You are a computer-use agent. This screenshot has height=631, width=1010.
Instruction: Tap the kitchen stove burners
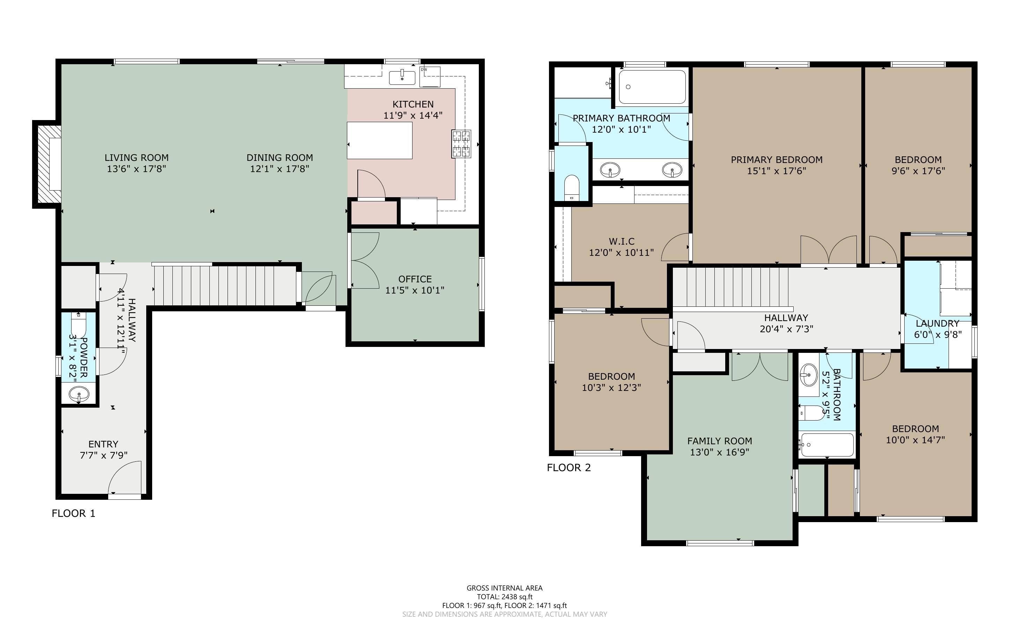[x=461, y=143]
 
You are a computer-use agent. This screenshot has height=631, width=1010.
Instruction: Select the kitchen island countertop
[x=380, y=140]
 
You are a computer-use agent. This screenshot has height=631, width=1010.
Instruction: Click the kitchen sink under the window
[x=402, y=77]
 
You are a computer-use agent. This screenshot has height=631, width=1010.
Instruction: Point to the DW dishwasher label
[x=424, y=69]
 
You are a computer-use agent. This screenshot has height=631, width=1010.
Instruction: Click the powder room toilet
[x=79, y=324]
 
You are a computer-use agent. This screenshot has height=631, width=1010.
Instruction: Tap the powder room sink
[x=79, y=394]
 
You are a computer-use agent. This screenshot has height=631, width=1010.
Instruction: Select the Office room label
[x=415, y=279]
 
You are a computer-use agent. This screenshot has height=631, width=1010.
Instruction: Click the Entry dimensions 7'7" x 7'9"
[x=103, y=455]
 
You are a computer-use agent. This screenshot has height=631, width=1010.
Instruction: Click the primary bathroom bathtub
[x=652, y=87]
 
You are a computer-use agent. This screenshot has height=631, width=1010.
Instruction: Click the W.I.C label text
[x=622, y=241]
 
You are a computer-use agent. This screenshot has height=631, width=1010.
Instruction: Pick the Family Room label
[x=720, y=441]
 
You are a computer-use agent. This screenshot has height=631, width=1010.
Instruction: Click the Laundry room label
[x=937, y=324]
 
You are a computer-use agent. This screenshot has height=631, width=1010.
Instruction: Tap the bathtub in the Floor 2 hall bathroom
[x=827, y=445]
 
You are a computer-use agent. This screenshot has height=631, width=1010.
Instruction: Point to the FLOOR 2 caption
[x=569, y=467]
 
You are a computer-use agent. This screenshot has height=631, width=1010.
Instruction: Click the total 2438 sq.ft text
[x=505, y=597]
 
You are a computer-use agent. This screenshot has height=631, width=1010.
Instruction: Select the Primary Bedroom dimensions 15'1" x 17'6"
[x=777, y=171]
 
